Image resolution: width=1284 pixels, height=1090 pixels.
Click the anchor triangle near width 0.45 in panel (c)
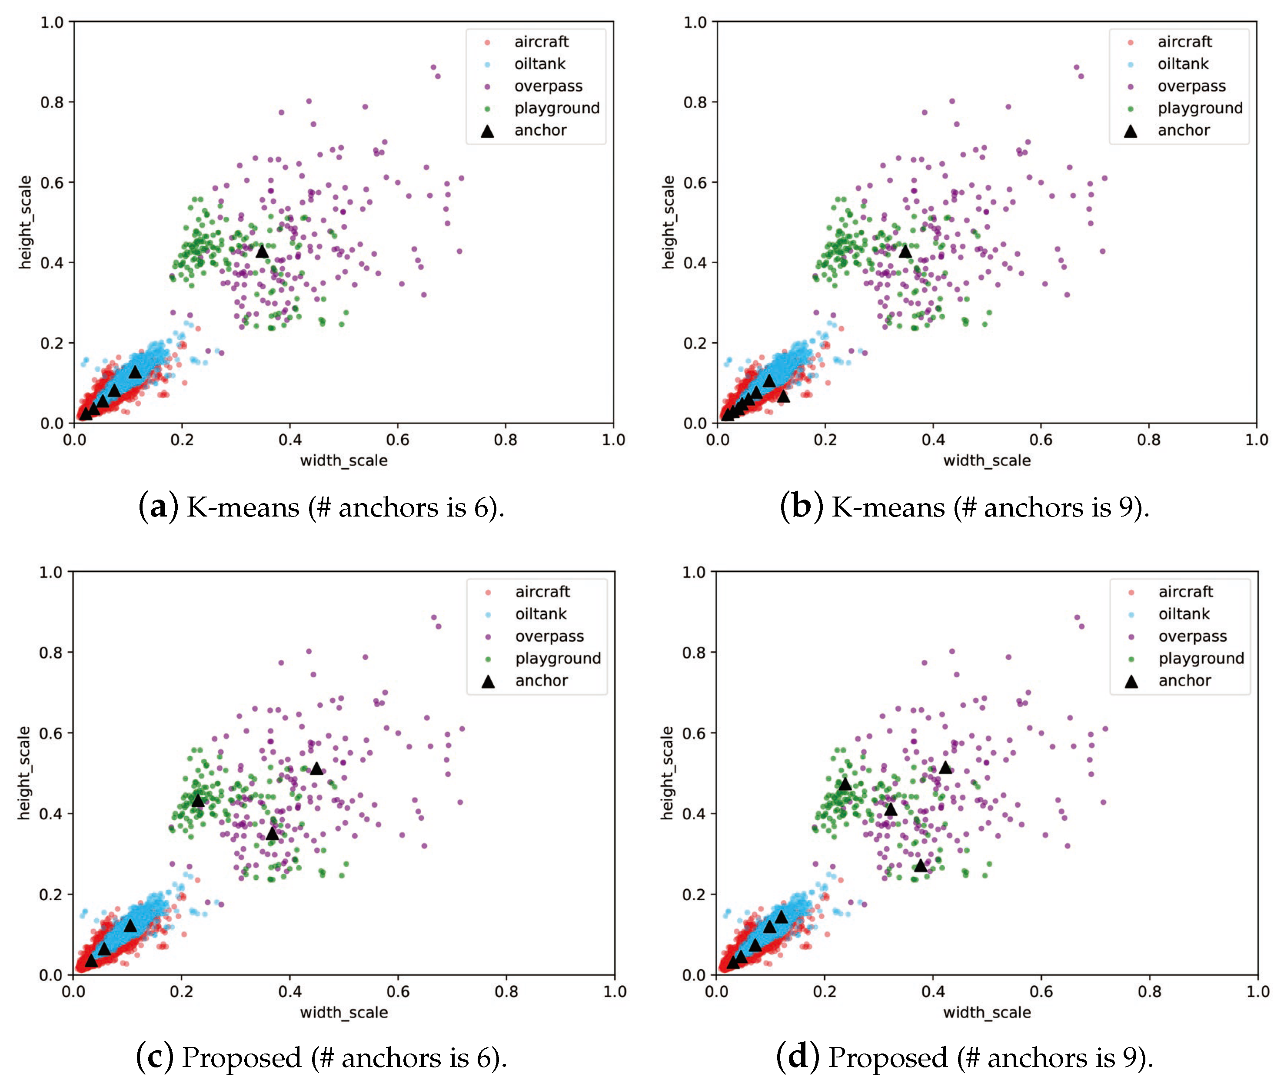tap(316, 769)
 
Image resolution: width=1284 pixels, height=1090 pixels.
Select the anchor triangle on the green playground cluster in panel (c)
tap(198, 801)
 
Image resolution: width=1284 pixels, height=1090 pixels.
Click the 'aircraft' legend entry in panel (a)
tap(541, 41)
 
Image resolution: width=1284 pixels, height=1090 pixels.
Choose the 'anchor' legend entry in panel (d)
tap(1184, 680)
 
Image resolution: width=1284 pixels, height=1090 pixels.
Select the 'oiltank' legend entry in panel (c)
tap(540, 613)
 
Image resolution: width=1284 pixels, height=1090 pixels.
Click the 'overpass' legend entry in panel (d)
tap(1192, 636)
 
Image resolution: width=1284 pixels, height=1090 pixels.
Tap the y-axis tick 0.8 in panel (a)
tap(52, 102)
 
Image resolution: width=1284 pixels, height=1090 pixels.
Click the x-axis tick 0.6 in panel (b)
tap(1041, 440)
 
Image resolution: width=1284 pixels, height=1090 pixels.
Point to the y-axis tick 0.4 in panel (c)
tap(51, 814)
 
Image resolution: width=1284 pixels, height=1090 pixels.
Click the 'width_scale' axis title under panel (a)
tap(344, 461)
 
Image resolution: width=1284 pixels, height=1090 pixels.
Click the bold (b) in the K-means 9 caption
tap(801, 507)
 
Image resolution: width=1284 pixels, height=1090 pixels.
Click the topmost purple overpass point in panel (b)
tap(1076, 67)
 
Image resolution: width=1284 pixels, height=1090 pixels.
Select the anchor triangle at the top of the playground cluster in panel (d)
tap(845, 785)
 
